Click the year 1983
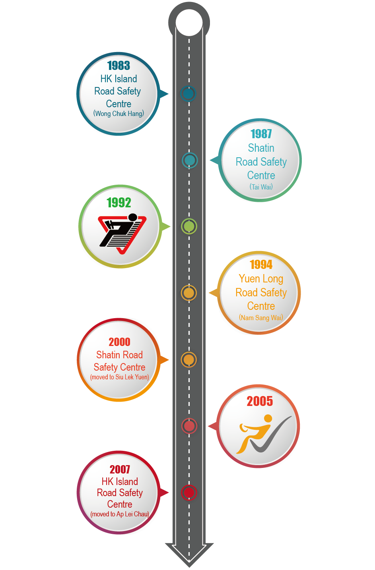(x=119, y=65)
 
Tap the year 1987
(x=261, y=134)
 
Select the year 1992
(x=119, y=203)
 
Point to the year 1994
(x=261, y=265)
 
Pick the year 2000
(x=119, y=342)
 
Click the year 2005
(x=260, y=401)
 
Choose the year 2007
(x=120, y=469)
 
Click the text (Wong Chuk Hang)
(x=119, y=114)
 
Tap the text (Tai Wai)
(x=261, y=187)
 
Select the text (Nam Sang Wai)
(x=261, y=318)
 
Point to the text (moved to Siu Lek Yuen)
(x=119, y=377)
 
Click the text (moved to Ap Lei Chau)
(x=120, y=514)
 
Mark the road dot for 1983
(x=188, y=94)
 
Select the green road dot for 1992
(x=189, y=226)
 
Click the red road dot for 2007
(x=189, y=493)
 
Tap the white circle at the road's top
(x=189, y=23)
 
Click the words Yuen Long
(x=261, y=279)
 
